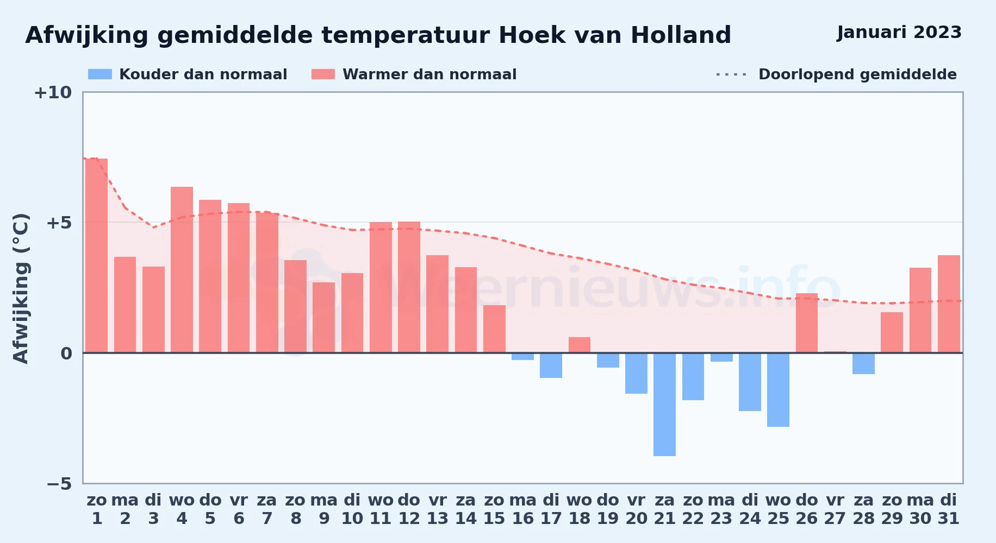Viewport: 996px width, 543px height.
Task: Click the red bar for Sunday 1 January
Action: click(97, 256)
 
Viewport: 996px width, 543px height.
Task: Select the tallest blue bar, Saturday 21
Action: click(664, 405)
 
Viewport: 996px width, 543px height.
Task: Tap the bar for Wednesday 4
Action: click(182, 270)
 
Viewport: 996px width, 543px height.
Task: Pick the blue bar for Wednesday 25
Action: click(778, 390)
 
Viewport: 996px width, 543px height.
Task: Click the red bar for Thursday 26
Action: click(807, 323)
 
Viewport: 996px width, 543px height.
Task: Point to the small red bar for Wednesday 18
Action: click(580, 345)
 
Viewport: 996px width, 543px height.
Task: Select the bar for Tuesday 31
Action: click(949, 304)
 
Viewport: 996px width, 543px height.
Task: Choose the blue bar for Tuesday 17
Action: click(551, 365)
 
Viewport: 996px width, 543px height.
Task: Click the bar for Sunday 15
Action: click(494, 329)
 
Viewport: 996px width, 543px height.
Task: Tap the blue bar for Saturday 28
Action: click(863, 364)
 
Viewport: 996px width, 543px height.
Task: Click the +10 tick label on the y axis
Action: click(53, 92)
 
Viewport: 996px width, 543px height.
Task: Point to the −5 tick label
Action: click(59, 483)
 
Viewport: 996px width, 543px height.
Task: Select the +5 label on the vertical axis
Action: click(59, 223)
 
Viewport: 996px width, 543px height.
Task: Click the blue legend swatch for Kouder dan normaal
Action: click(100, 74)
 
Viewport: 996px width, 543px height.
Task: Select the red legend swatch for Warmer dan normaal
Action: click(323, 74)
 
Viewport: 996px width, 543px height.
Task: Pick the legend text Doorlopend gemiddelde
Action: click(857, 74)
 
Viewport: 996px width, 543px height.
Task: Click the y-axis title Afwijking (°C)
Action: click(21, 288)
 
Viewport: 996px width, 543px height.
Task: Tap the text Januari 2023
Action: click(899, 33)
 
